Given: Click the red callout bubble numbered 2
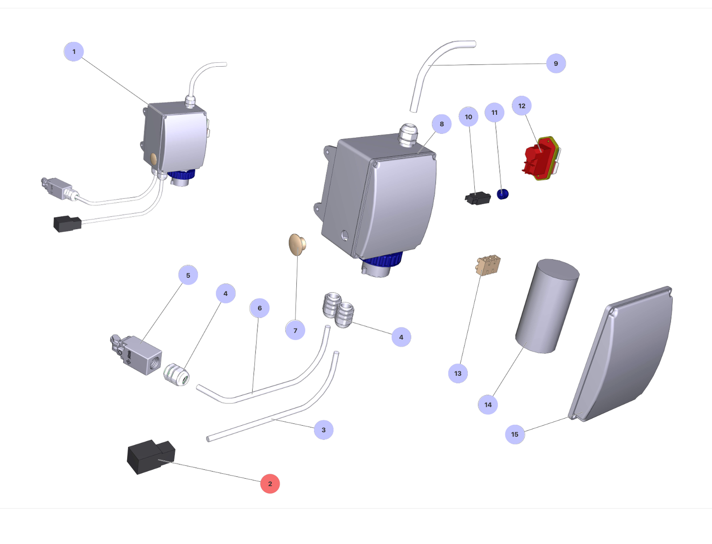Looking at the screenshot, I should click(x=270, y=484).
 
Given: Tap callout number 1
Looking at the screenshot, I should click(x=74, y=52).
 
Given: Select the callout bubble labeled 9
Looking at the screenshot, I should click(x=556, y=64).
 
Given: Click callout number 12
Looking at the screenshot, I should click(x=522, y=106).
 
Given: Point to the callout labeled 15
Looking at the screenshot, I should click(x=515, y=434).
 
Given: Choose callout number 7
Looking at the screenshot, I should click(x=295, y=330).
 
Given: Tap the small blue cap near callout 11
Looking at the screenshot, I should click(x=502, y=194).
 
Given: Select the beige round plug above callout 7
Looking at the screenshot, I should click(x=297, y=244).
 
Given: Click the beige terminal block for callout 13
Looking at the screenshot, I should click(x=488, y=265).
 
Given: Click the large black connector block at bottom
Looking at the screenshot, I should click(x=150, y=457).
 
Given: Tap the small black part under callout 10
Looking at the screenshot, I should click(x=477, y=198).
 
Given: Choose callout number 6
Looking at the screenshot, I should click(x=259, y=308).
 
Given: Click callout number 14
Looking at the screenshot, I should click(x=488, y=405).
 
